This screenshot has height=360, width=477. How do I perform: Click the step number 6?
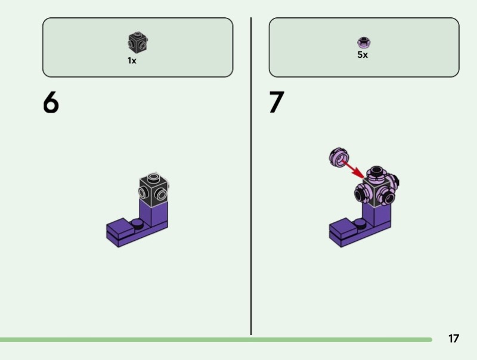pyautogui.click(x=51, y=103)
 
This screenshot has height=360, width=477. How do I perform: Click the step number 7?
pyautogui.click(x=277, y=103)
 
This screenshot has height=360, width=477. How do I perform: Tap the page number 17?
pyautogui.click(x=454, y=339)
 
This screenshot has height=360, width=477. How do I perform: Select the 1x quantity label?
pyautogui.click(x=132, y=60)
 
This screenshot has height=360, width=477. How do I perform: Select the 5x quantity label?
pyautogui.click(x=363, y=55)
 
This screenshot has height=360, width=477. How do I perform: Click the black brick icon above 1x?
pyautogui.click(x=137, y=42)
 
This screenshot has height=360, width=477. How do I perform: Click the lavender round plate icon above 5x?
pyautogui.click(x=363, y=42)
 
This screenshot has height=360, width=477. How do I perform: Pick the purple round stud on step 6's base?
pyautogui.click(x=138, y=223)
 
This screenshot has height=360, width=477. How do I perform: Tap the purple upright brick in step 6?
pyautogui.click(x=157, y=213)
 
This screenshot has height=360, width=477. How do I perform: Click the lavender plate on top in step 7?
pyautogui.click(x=376, y=173)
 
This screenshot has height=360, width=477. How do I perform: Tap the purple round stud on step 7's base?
pyautogui.click(x=360, y=223)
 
